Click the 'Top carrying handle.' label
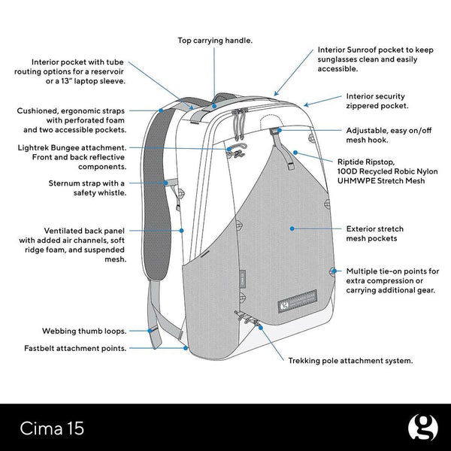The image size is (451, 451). (215, 40)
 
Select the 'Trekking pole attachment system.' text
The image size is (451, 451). (350, 360)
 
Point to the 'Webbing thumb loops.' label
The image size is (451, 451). (82, 330)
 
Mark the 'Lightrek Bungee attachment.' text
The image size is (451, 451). (71, 148)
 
